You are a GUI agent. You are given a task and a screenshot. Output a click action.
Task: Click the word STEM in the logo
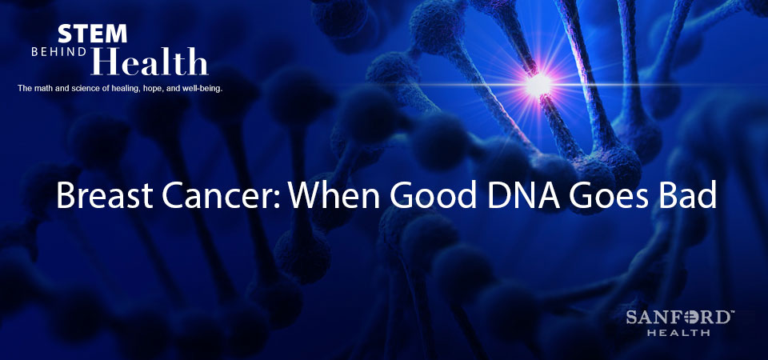point(92,34)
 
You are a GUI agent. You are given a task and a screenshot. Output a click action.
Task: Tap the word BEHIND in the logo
point(59,52)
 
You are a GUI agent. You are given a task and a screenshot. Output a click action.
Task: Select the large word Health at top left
point(150,62)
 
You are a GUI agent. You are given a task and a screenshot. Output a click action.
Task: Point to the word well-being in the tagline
point(204,89)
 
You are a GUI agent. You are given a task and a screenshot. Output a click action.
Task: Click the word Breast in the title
point(105,194)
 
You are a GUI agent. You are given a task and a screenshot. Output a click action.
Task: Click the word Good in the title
point(433,194)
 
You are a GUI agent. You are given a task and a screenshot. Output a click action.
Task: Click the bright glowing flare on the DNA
point(538,84)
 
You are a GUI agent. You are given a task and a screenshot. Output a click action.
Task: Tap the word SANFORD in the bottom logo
point(678,318)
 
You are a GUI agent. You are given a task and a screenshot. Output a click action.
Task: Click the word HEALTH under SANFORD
point(678,333)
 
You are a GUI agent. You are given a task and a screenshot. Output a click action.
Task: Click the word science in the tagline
point(74,89)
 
